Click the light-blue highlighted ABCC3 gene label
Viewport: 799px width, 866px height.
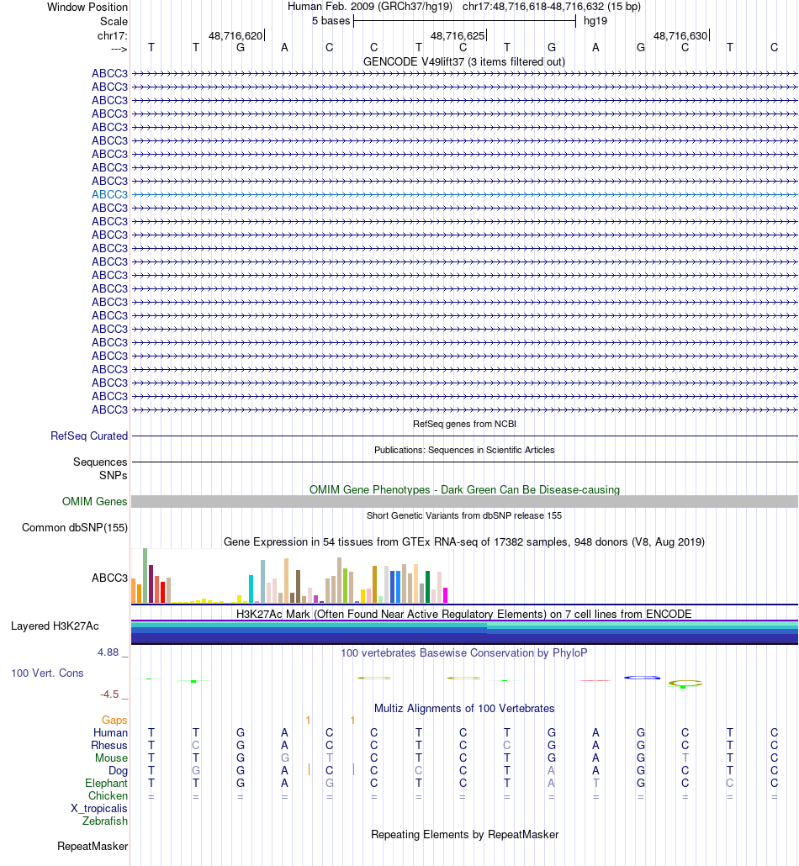point(109,194)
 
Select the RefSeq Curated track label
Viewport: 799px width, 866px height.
point(89,436)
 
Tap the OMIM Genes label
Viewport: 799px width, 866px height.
point(95,502)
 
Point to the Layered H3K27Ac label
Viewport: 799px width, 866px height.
point(55,626)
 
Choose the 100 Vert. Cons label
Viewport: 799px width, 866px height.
point(47,673)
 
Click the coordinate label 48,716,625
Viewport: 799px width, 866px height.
point(458,36)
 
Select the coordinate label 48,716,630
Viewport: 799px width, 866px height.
point(680,36)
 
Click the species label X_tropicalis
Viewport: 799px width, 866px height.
point(99,808)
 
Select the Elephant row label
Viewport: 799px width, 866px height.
point(106,783)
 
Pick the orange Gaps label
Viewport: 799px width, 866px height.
point(114,721)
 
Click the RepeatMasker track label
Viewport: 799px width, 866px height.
point(93,846)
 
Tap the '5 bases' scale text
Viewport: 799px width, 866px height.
point(331,21)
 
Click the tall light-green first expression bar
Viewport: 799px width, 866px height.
point(145,575)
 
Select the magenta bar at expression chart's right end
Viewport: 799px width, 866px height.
point(445,594)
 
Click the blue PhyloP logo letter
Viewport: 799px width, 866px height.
point(641,678)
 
